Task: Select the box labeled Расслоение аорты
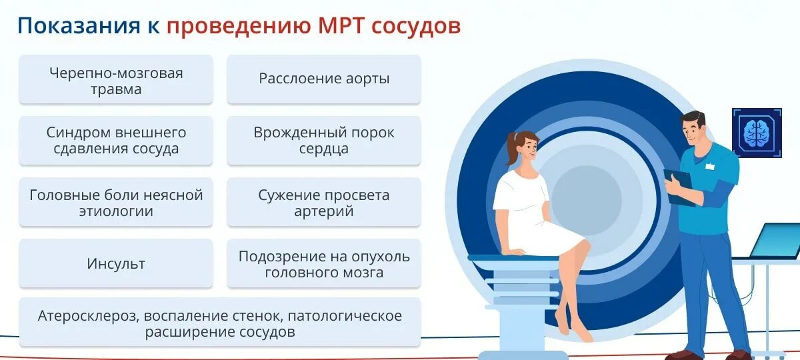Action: pos(324,79)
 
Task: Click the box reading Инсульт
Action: pos(116,263)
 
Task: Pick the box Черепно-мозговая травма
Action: pos(116,80)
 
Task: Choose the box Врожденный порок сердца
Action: pos(324,141)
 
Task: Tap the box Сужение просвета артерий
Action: pos(324,203)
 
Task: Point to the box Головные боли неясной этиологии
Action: pos(116,203)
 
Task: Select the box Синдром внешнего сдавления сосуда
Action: pos(116,141)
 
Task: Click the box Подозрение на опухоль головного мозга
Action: pos(324,264)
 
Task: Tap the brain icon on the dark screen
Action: pos(756,133)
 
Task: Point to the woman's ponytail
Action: pos(511,148)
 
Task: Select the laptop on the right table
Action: pos(775,241)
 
